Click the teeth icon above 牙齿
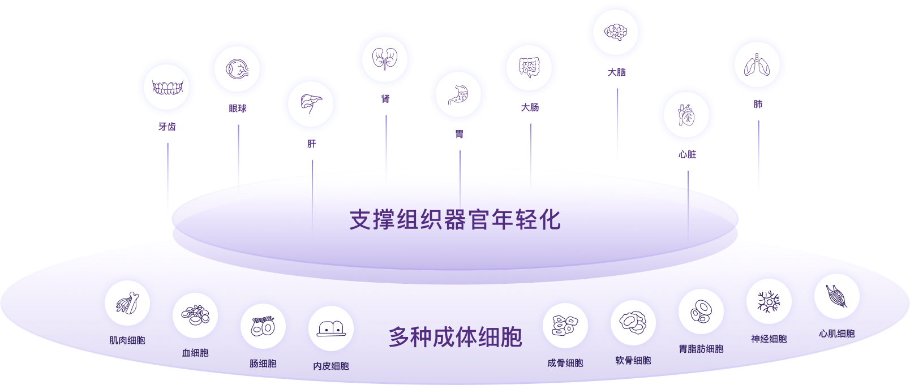click(167, 88)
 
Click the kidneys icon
click(385, 59)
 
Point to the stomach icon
click(458, 95)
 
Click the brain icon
click(616, 32)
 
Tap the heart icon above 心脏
click(686, 115)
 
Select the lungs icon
click(757, 65)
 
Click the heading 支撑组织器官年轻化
click(455, 220)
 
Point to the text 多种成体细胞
click(455, 338)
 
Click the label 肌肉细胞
click(127, 340)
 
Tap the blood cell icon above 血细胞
click(195, 315)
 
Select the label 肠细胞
click(263, 364)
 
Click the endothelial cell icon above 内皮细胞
click(331, 328)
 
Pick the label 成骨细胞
click(565, 363)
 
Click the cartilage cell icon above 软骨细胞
click(633, 323)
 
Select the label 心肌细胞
click(836, 334)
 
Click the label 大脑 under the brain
click(616, 72)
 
